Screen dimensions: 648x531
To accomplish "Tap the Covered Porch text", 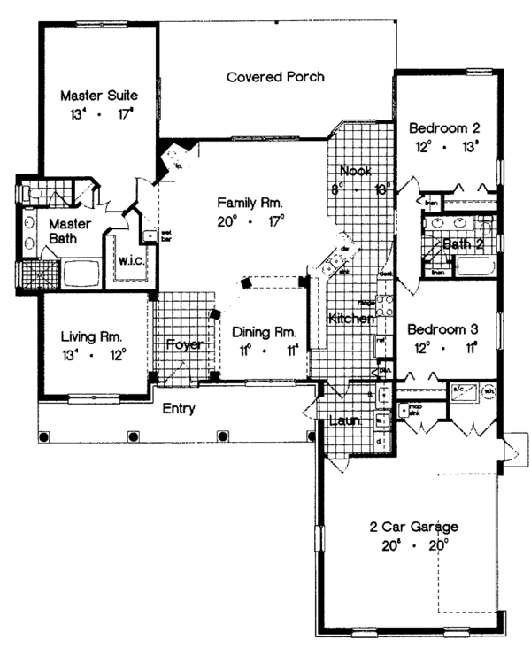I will point(275,77).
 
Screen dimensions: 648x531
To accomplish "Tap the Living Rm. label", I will point(91,336).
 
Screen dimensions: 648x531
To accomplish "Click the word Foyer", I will point(184,343).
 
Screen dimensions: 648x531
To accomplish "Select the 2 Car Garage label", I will point(414,527).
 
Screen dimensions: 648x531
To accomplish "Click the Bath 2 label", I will point(463,243).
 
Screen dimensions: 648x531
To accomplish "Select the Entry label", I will point(178,408).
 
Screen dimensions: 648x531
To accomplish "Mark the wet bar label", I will point(165,236).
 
